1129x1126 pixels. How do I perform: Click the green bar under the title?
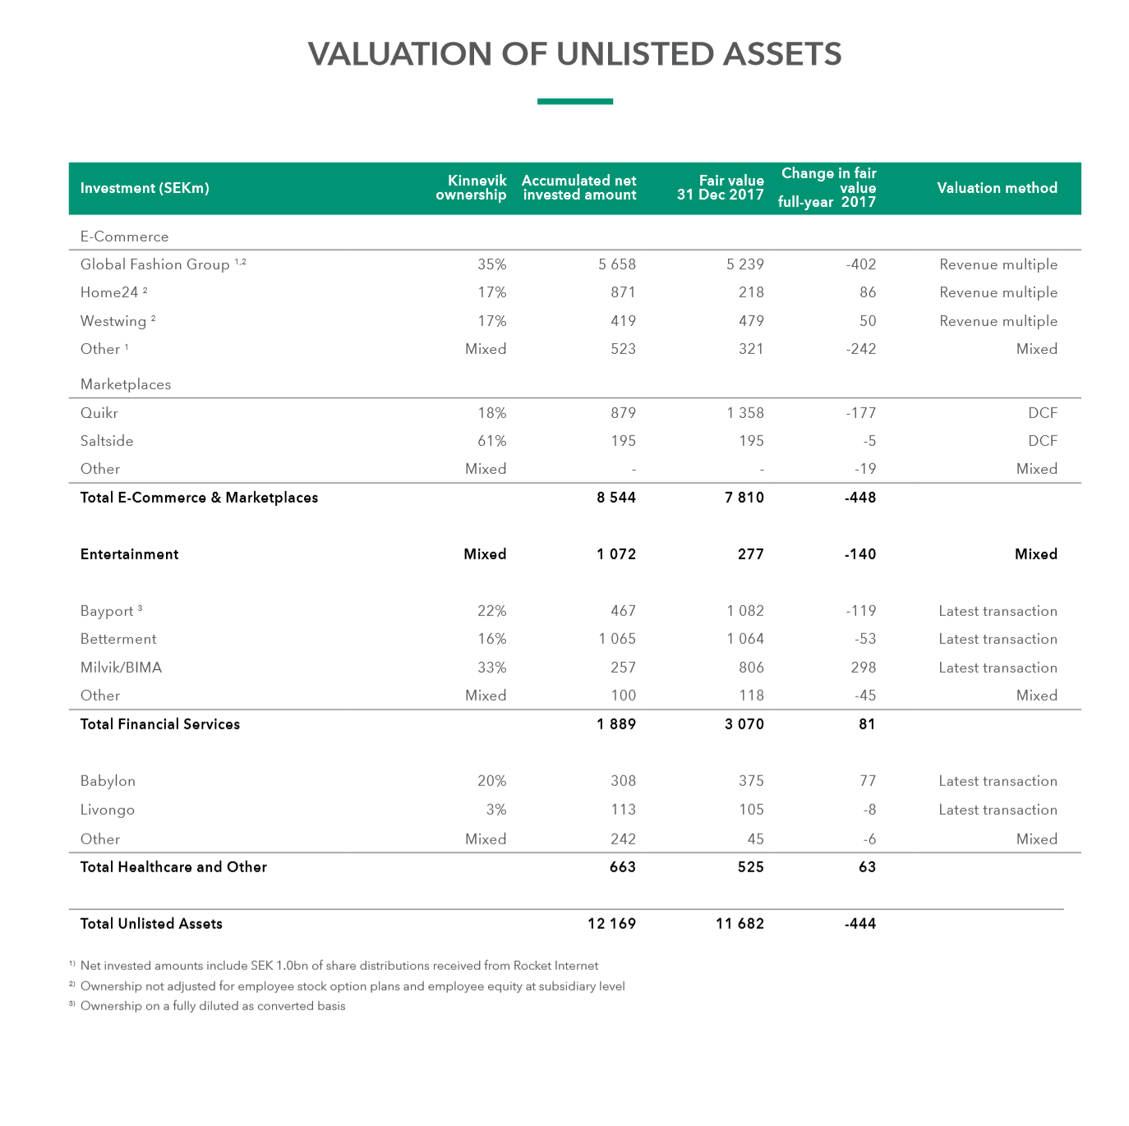point(574,102)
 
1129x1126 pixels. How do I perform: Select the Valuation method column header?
point(997,188)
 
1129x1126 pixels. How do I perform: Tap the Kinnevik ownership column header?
point(471,187)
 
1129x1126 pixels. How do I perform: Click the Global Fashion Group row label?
point(154,264)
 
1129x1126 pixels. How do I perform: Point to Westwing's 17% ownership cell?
point(491,321)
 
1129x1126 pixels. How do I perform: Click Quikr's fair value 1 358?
point(744,413)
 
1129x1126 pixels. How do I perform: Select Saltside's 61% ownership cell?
point(491,441)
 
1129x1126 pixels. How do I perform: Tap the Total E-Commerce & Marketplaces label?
point(199,498)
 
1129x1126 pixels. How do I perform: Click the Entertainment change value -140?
point(859,554)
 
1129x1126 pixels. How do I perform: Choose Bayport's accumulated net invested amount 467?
point(623,611)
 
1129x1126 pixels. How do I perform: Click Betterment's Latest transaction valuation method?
point(998,639)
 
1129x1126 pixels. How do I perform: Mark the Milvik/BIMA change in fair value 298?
point(863,668)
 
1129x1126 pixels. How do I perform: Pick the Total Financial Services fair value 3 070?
point(744,724)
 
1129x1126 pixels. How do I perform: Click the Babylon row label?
point(108,781)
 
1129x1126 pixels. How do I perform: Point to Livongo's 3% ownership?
point(495,810)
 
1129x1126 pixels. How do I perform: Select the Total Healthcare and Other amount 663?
point(622,867)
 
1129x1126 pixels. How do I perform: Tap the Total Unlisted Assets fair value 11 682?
point(740,924)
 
